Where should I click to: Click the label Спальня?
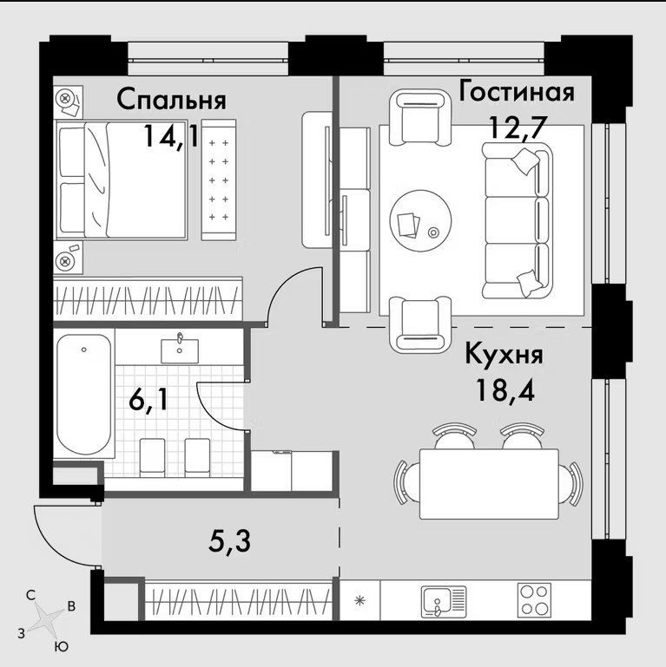pos(171,101)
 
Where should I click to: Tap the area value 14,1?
pos(172,137)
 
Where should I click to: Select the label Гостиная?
pos(516,92)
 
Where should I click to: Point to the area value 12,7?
pos(518,128)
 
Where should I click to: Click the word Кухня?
pos(504,356)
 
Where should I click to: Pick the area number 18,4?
pos(505,389)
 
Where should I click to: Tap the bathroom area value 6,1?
pos(148,401)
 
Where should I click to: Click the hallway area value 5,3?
pos(229,541)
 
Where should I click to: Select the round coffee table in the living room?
pos(420,220)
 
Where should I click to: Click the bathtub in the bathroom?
pos(84,395)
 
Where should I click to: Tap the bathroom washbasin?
pos(180,350)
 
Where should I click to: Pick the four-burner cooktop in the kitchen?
pos(534,600)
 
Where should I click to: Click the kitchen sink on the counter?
pos(444,601)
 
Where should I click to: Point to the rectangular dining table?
pos(489,484)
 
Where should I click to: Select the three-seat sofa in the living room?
pos(517,220)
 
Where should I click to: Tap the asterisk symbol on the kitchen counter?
pos(360,601)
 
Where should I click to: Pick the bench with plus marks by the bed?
pos(219,180)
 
